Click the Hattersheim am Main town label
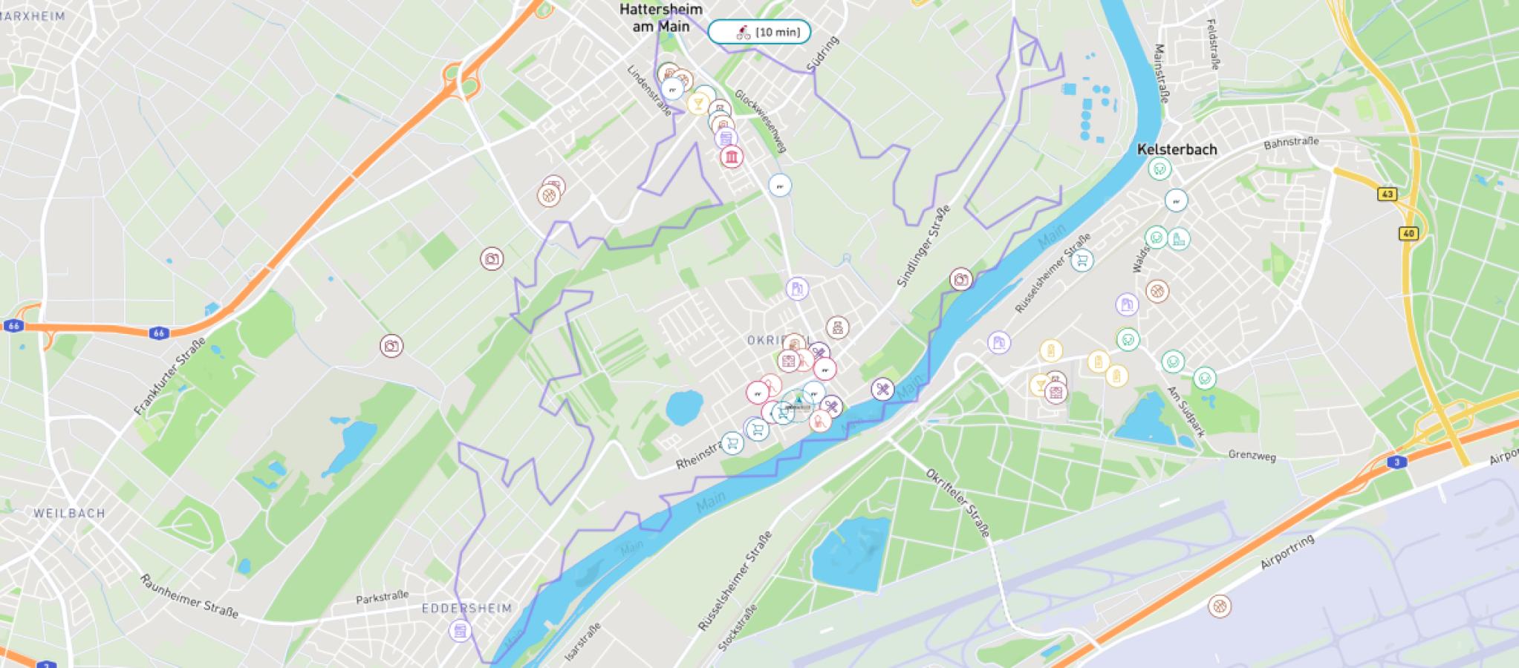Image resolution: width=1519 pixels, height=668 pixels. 660,18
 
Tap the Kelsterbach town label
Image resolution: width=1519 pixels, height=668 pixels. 1177,149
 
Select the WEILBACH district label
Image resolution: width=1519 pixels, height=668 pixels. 69,513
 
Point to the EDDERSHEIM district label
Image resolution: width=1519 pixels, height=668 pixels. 466,608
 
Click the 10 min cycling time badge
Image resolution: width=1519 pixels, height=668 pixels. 759,32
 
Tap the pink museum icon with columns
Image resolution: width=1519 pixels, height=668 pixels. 732,157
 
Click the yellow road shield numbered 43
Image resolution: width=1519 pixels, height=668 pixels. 1387,194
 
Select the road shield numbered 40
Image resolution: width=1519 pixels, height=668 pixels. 1408,234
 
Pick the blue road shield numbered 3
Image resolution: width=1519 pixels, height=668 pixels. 1396,462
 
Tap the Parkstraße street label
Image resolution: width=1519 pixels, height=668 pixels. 382,597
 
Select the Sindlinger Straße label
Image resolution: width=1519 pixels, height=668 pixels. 923,246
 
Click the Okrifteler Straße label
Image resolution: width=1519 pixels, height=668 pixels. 957,502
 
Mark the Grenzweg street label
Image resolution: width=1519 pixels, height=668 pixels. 1252,455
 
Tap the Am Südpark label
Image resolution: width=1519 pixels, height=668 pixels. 1185,410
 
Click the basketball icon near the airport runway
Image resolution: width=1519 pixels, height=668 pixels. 1219,606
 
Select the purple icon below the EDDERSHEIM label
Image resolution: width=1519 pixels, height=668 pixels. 461,631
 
